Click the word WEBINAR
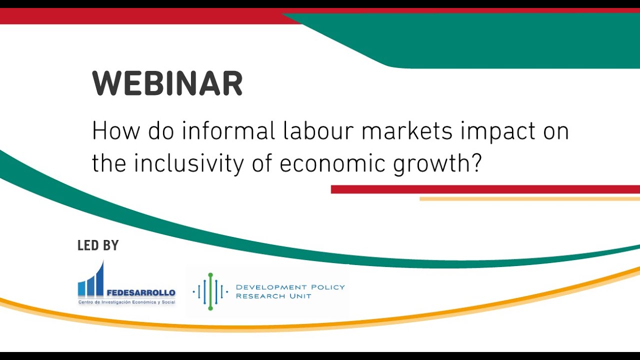pyautogui.click(x=167, y=84)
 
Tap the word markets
pyautogui.click(x=407, y=131)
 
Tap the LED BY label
pyautogui.click(x=98, y=245)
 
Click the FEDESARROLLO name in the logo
pyautogui.click(x=141, y=293)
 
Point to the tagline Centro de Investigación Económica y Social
pyautogui.click(x=127, y=302)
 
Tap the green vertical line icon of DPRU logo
pyautogui.click(x=210, y=291)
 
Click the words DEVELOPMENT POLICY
pyautogui.click(x=290, y=287)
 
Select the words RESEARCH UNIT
pyautogui.click(x=273, y=296)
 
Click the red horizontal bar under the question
pyautogui.click(x=485, y=189)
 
